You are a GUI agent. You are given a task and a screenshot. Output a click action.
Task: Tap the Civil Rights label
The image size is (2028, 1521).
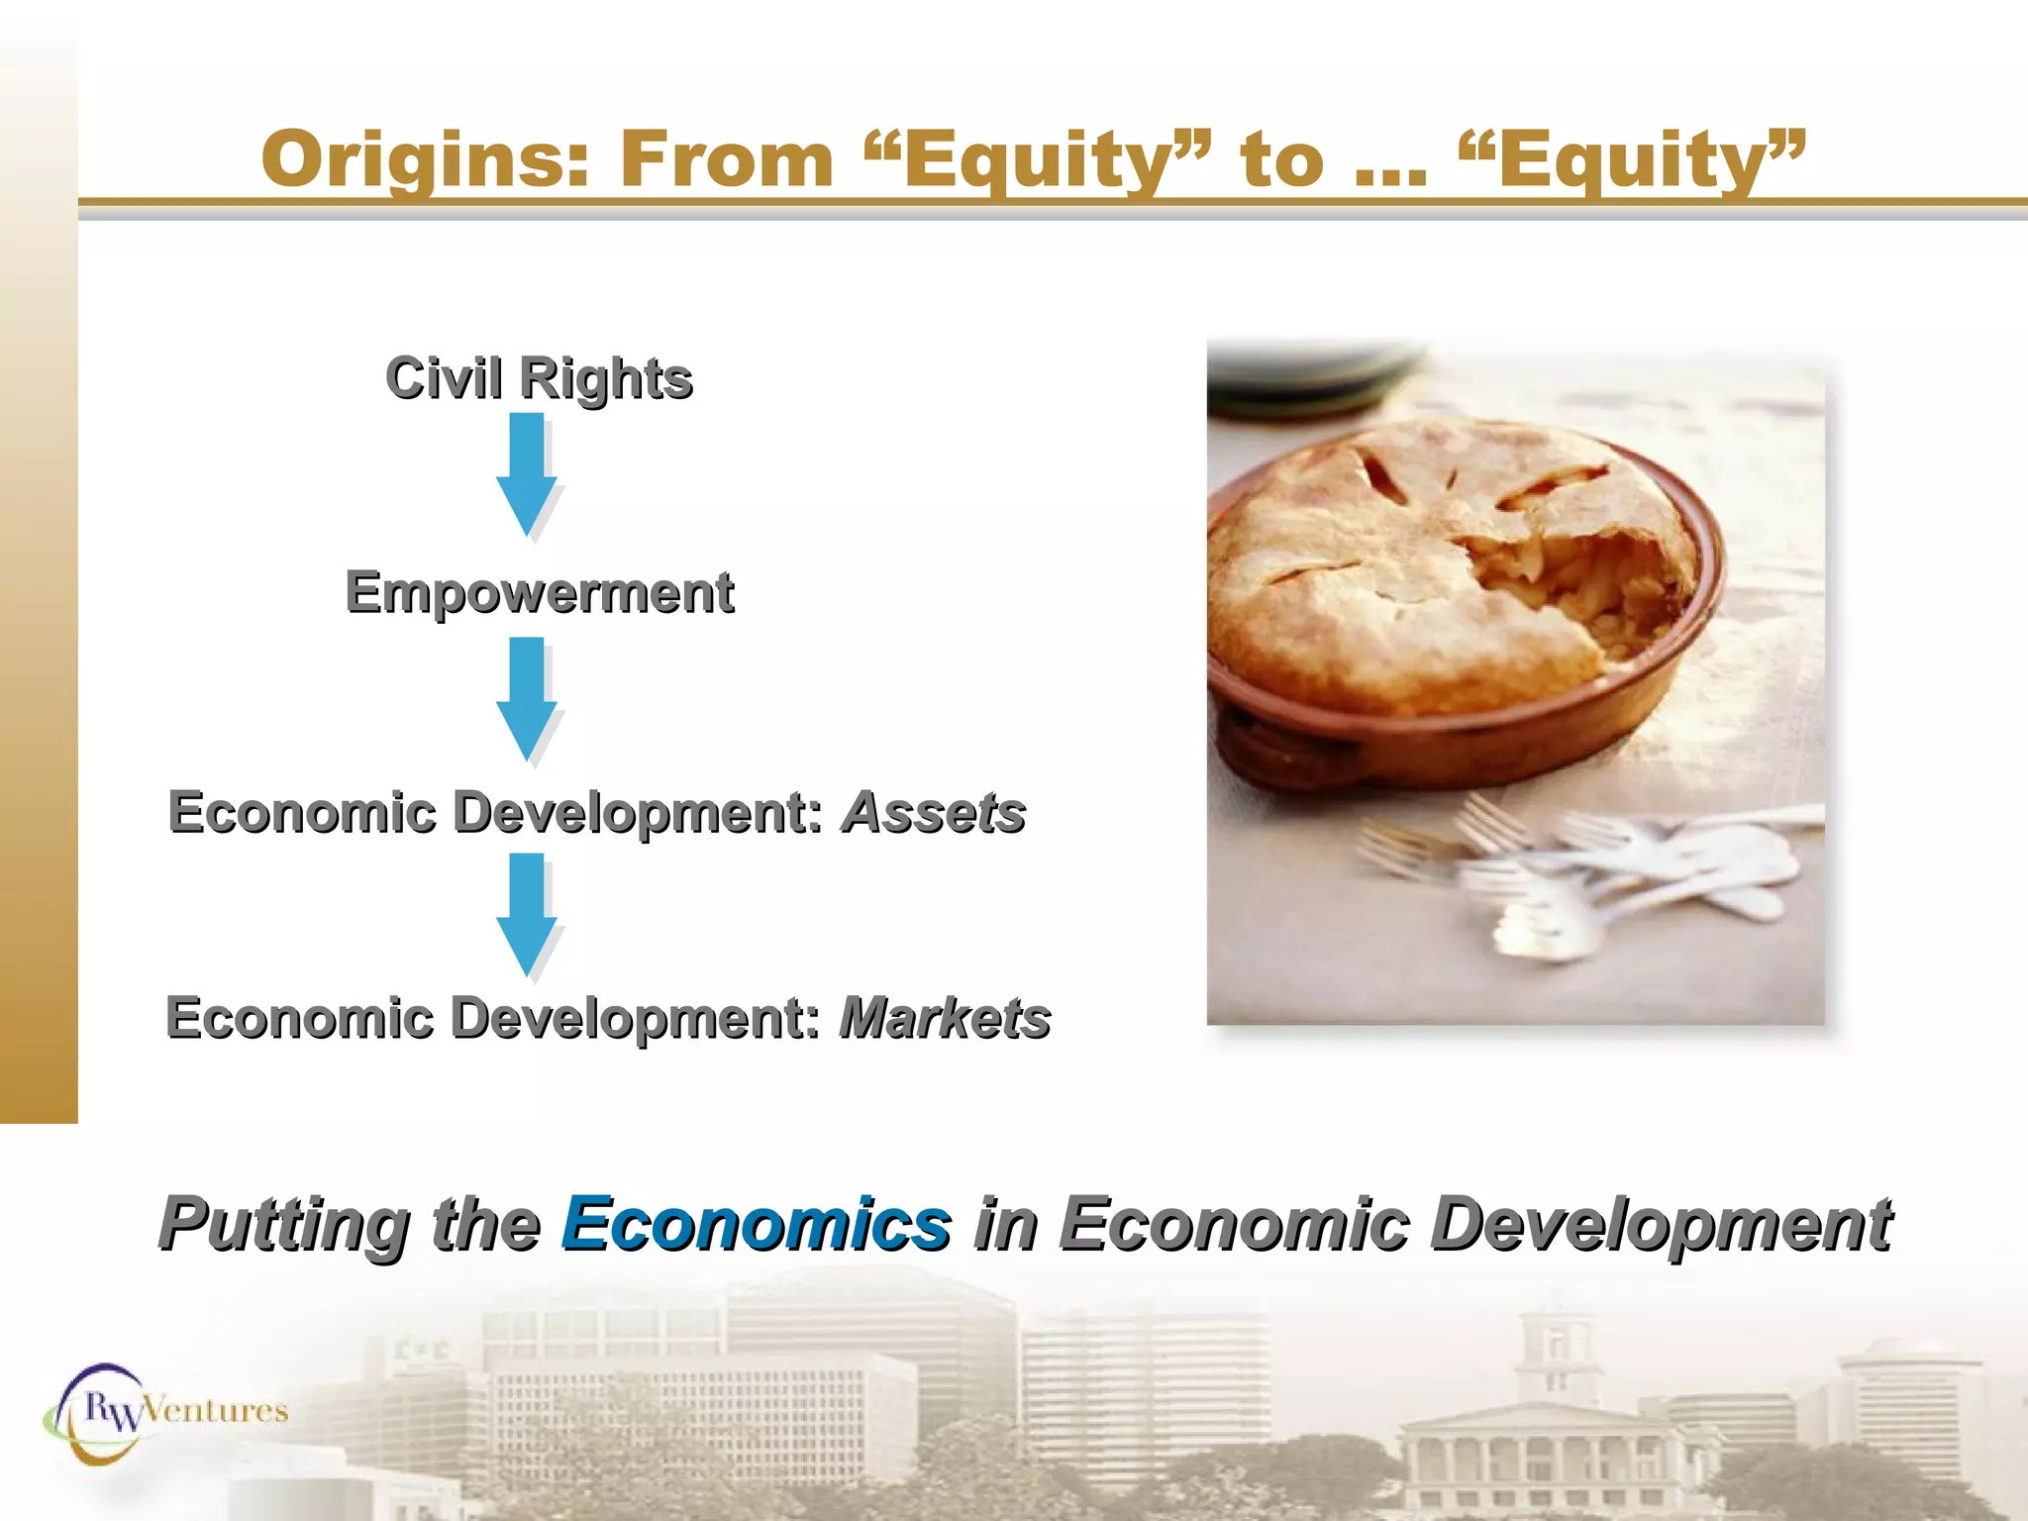pos(539,378)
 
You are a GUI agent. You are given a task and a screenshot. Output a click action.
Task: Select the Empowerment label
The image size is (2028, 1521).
pos(540,592)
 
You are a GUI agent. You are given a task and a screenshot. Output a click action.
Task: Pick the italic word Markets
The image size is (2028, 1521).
pos(945,1018)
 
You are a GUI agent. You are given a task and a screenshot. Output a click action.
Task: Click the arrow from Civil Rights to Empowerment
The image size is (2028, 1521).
pos(526,473)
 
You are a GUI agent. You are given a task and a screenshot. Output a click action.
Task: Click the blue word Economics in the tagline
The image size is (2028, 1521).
pos(757,1224)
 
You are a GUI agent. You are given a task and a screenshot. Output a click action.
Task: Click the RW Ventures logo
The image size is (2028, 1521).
pos(163,1411)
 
